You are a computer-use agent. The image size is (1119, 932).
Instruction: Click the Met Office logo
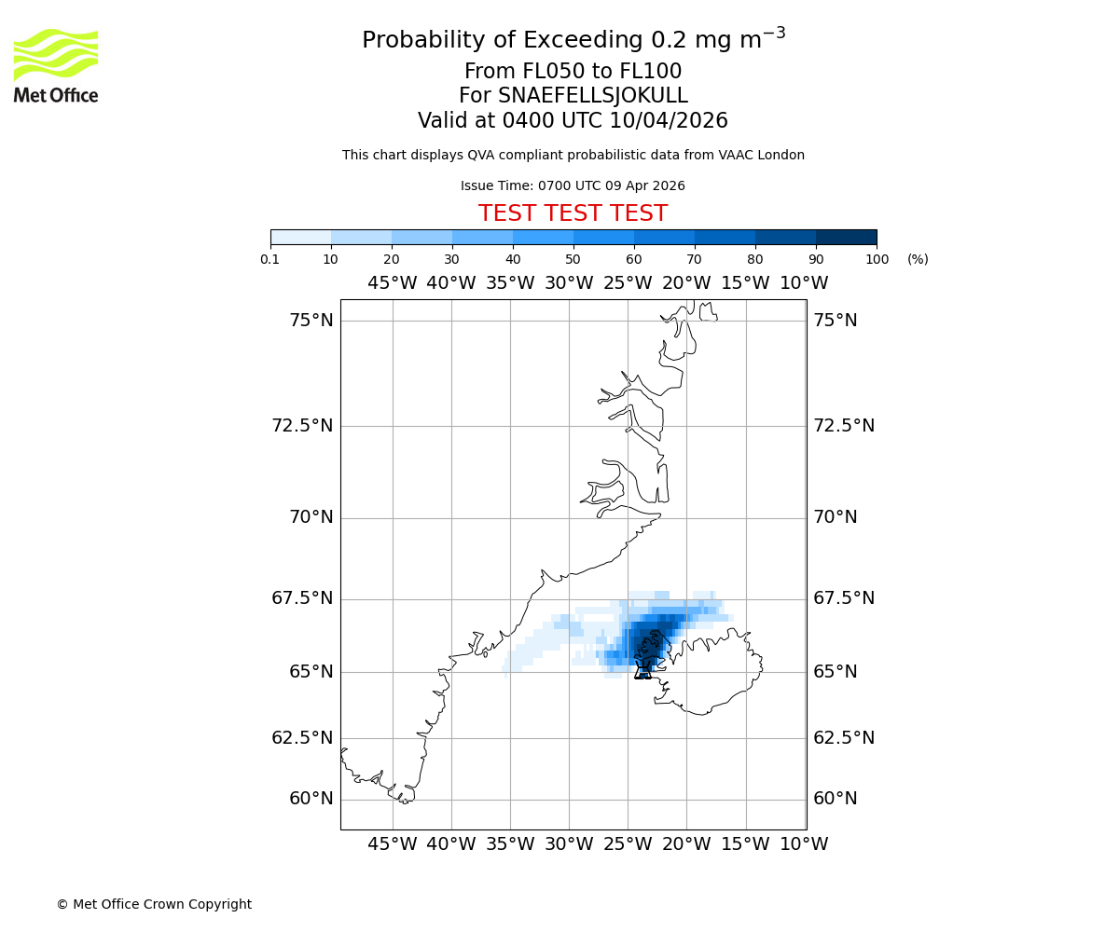[56, 65]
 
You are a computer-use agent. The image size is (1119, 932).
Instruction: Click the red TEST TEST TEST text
[573, 213]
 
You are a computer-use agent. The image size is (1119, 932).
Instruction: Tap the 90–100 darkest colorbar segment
[846, 237]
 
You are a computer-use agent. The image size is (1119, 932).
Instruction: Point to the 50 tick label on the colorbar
[573, 259]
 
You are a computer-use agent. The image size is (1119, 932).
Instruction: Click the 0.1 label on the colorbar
[269, 259]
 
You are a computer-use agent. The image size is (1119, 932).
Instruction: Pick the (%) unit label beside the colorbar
[918, 259]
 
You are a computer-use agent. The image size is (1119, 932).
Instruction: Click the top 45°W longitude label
[392, 283]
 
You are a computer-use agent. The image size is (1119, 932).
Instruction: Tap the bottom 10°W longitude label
[804, 844]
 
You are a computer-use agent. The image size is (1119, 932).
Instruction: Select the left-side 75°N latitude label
[311, 321]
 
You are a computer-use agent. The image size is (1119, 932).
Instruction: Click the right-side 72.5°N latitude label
[844, 426]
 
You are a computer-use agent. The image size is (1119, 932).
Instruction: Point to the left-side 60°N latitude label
[311, 799]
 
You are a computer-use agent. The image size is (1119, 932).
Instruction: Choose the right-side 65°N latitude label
[836, 672]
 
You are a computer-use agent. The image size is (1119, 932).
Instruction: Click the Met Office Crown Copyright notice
[154, 904]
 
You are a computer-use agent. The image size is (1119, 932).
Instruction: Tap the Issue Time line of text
[573, 185]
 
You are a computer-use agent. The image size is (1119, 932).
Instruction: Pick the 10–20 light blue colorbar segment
[361, 237]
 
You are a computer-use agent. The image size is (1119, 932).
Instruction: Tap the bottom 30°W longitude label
[569, 844]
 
